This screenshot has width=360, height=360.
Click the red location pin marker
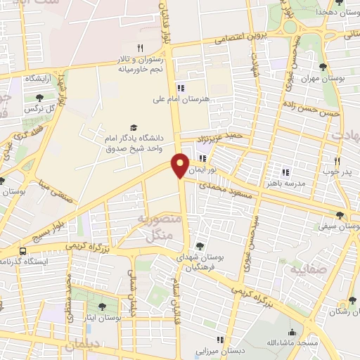(x=181, y=165)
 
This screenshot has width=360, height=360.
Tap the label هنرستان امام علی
(x=181, y=100)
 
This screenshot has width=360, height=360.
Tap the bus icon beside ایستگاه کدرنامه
(x=24, y=250)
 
